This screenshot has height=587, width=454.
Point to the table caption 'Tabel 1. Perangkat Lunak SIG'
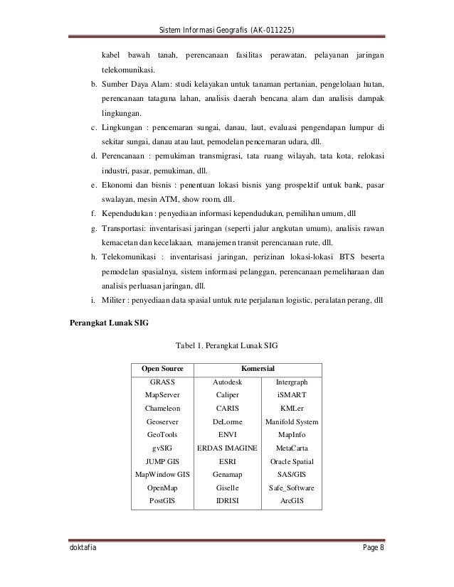coord(226,346)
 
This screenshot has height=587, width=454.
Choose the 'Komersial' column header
coord(258,369)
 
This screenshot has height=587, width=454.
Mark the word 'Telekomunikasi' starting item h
coord(128,256)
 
